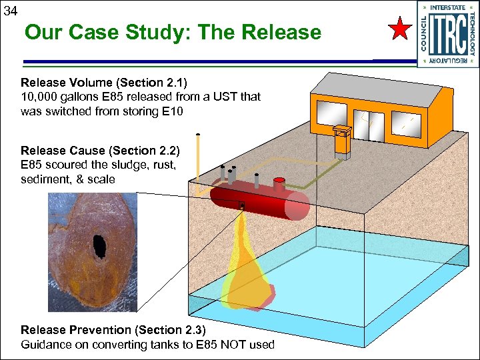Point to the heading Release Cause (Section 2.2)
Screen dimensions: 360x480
point(100,150)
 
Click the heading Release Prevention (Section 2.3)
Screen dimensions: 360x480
point(114,330)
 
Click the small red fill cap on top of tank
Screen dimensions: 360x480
point(279,180)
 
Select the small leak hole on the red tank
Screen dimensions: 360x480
point(242,205)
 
